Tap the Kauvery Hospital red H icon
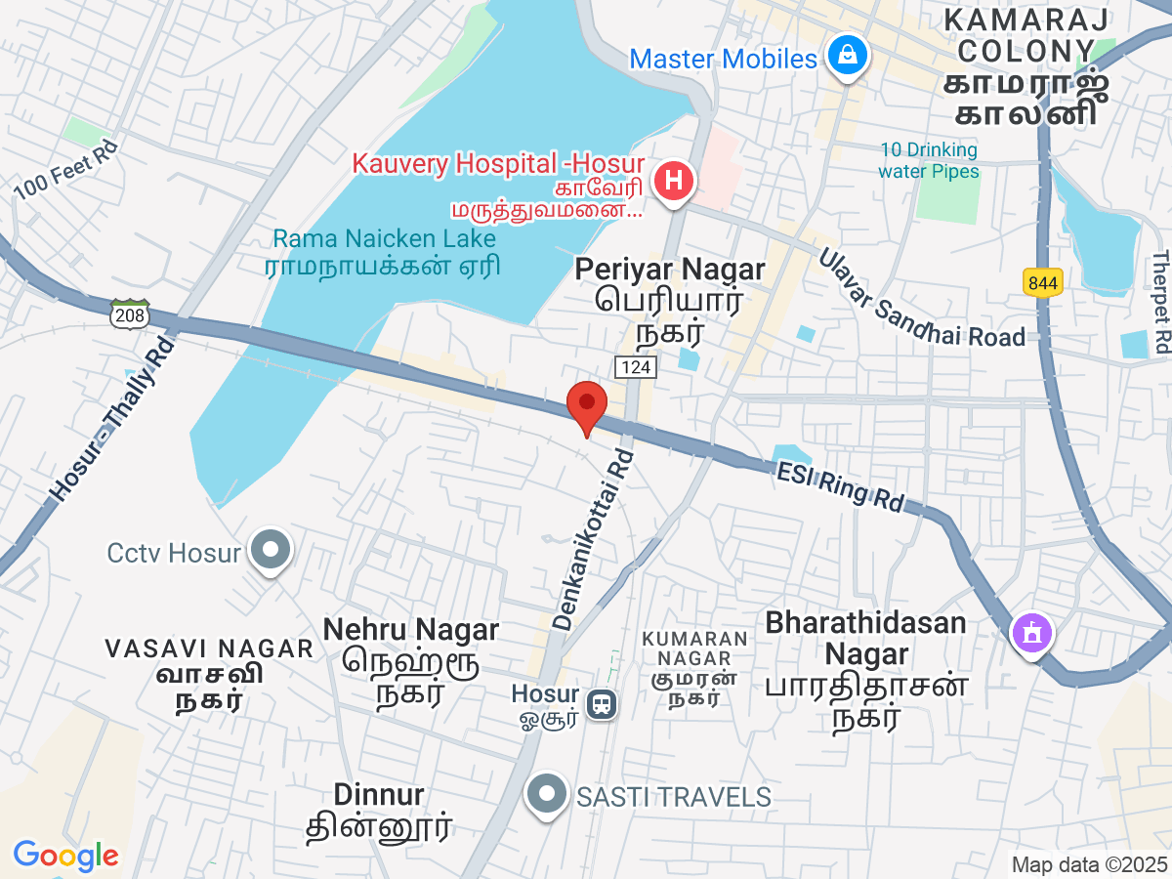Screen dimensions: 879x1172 pyautogui.click(x=674, y=181)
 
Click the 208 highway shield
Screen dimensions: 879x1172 pyautogui.click(x=130, y=314)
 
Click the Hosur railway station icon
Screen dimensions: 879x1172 pyautogui.click(x=599, y=703)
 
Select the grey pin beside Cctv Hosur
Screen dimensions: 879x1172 pyautogui.click(x=271, y=551)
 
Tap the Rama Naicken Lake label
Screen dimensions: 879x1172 pyautogui.click(x=384, y=238)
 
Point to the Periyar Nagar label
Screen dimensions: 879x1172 pyautogui.click(x=669, y=269)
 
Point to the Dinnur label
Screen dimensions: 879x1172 pyautogui.click(x=379, y=793)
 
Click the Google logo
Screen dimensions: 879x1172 pyautogui.click(x=65, y=856)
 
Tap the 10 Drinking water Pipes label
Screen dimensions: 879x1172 pyautogui.click(x=927, y=160)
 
